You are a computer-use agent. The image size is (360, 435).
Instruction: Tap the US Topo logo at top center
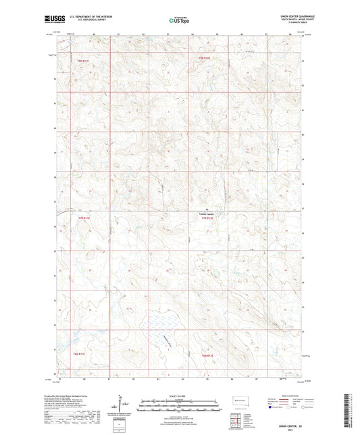pyautogui.click(x=179, y=20)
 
